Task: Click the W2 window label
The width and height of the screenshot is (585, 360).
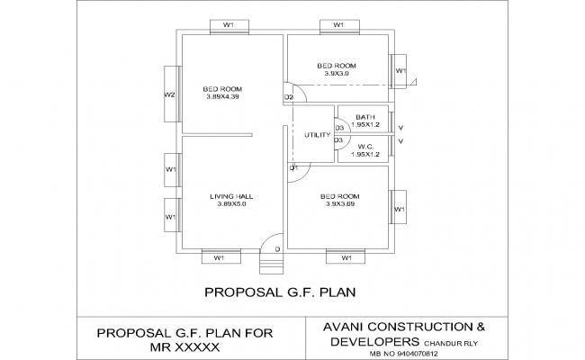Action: coord(169,94)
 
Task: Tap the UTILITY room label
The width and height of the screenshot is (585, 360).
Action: coord(318,135)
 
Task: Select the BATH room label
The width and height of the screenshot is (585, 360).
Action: coord(364,117)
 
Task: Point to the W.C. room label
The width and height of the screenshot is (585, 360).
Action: coord(365,147)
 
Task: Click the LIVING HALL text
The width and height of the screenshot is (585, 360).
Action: coord(230,196)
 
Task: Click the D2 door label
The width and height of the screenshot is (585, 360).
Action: coord(289,97)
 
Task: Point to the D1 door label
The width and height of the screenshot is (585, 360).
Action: coord(293,168)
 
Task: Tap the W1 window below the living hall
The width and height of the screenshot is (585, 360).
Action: coord(219,258)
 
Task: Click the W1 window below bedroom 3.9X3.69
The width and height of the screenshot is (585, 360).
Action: coord(346,258)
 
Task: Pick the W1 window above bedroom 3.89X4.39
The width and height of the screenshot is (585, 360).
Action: coord(229,25)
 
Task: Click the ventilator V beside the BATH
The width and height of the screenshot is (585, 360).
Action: coord(400,128)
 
